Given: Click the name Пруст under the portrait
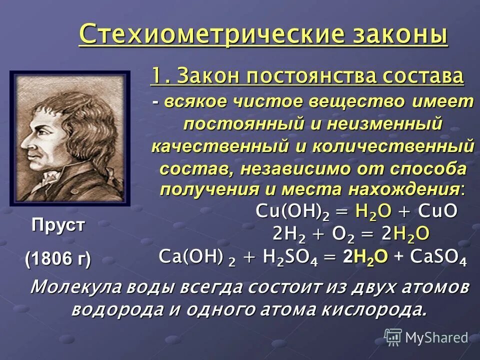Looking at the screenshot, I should (58, 225).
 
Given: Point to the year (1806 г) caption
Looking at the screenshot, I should (58, 259).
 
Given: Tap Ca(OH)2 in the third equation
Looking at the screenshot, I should (195, 256).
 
